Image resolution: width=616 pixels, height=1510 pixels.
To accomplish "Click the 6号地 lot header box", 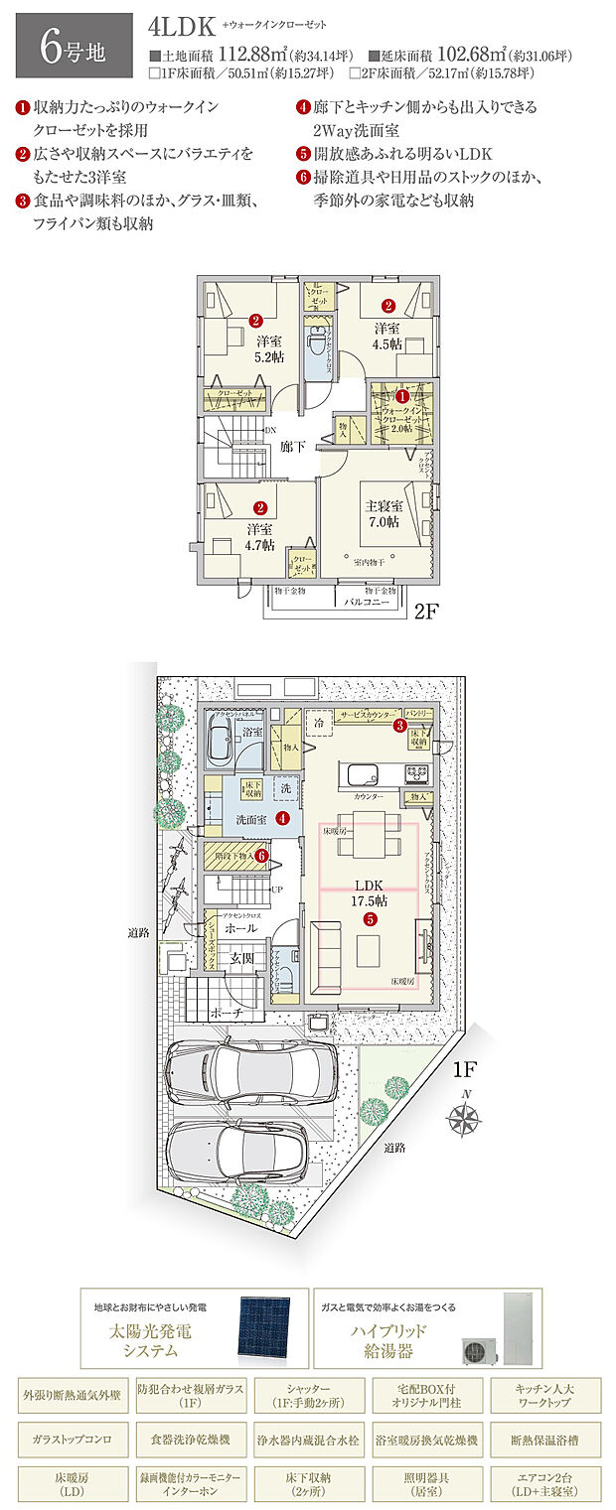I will pyautogui.click(x=74, y=46).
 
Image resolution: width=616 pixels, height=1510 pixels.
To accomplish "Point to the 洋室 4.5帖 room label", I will pyautogui.click(x=387, y=336).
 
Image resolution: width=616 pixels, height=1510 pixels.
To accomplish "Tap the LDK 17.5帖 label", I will pyautogui.click(x=370, y=891).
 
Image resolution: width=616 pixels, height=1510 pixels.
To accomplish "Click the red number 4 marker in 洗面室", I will pyautogui.click(x=282, y=819).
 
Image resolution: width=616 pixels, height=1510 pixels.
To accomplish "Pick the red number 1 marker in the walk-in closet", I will pyautogui.click(x=401, y=396).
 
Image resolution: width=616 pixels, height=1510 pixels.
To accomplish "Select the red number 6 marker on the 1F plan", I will pyautogui.click(x=261, y=854).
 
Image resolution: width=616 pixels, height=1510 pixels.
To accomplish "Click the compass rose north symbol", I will pyautogui.click(x=462, y=1119).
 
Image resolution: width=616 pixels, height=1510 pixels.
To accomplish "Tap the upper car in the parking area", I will pyautogui.click(x=249, y=1075).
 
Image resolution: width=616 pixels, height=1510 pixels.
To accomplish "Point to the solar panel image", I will pyautogui.click(x=262, y=1330).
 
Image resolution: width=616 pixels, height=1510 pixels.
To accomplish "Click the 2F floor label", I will pyautogui.click(x=426, y=612).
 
